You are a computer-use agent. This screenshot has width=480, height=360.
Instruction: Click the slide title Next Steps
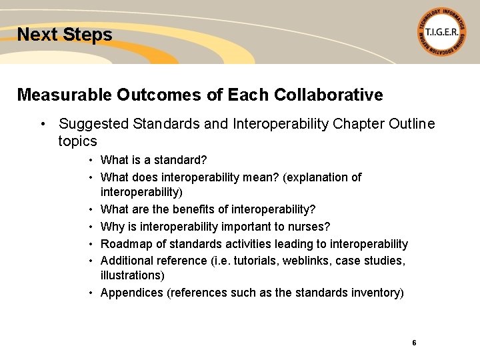(65, 35)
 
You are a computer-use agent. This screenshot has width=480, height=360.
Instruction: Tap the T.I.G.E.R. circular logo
(441, 32)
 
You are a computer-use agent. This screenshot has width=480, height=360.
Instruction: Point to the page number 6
(414, 343)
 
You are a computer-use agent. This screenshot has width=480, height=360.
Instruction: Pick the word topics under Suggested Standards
(77, 141)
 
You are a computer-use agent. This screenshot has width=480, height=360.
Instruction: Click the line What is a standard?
(154, 160)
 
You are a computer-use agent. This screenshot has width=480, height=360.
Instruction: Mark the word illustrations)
(132, 275)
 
